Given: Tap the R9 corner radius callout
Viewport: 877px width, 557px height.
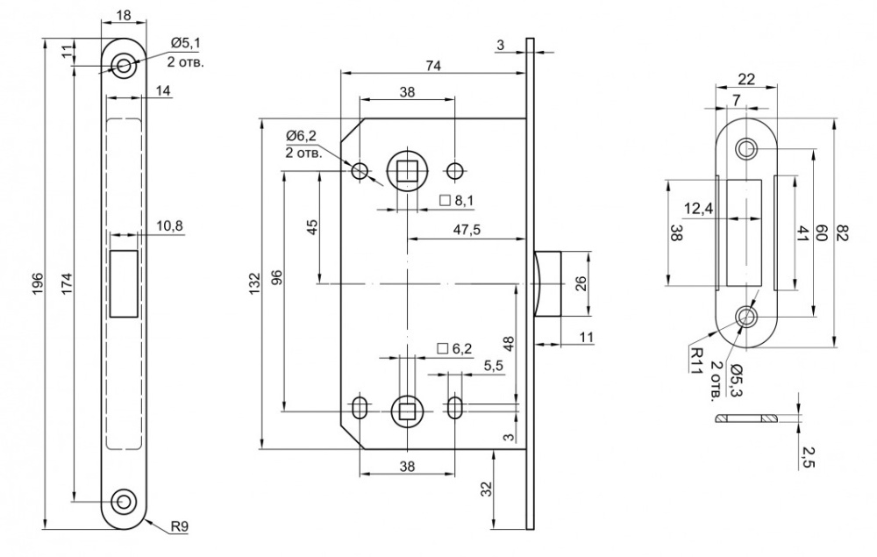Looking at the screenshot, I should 179,528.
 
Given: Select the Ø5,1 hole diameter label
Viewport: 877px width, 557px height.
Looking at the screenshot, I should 185,42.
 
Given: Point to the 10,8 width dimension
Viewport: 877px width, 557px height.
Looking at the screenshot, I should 169,226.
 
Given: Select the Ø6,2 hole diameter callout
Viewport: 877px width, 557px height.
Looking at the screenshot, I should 303,135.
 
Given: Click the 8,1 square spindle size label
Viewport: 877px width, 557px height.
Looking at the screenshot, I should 464,201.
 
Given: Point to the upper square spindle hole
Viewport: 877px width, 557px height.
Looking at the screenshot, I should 406,169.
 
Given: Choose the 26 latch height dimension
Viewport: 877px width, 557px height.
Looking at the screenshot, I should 581,283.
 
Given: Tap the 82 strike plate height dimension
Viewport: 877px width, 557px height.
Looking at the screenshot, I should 844,232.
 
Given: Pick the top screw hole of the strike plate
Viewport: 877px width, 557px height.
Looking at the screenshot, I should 747,148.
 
